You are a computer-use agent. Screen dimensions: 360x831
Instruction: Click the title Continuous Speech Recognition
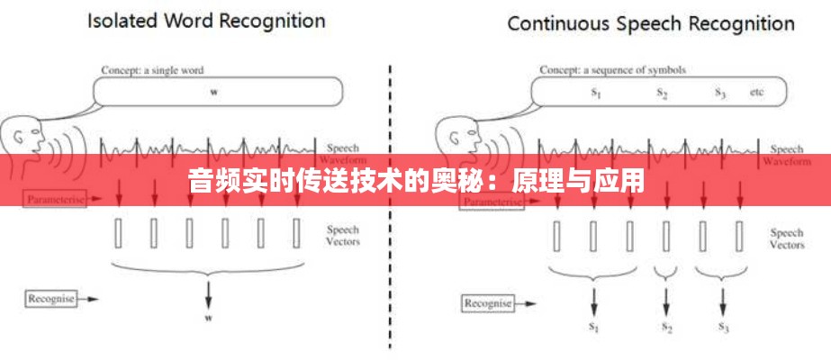point(651,23)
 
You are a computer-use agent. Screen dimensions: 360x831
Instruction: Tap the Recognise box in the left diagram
point(50,296)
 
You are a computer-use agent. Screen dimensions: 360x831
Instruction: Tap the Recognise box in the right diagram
point(487,303)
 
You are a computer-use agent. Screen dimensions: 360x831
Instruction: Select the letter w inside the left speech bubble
point(214,92)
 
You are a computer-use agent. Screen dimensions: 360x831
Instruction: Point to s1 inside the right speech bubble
point(596,92)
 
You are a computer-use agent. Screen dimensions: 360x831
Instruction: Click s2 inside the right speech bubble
point(662,92)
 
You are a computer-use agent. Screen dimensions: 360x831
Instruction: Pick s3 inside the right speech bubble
point(719,92)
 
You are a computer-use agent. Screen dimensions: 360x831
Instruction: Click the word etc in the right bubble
point(757,92)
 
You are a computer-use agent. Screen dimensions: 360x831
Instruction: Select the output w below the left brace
point(209,318)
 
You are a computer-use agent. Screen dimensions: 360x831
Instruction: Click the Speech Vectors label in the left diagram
point(343,236)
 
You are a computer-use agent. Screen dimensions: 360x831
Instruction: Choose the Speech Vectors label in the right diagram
point(786,238)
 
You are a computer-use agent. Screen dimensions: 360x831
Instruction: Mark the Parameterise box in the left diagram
point(54,198)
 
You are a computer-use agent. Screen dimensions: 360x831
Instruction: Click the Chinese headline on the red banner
point(415,181)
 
